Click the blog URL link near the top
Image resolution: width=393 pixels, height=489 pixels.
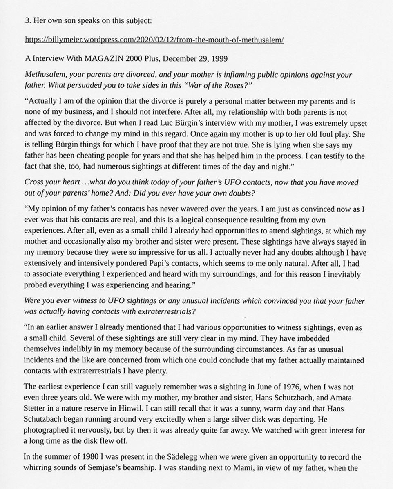click(x=154, y=40)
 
